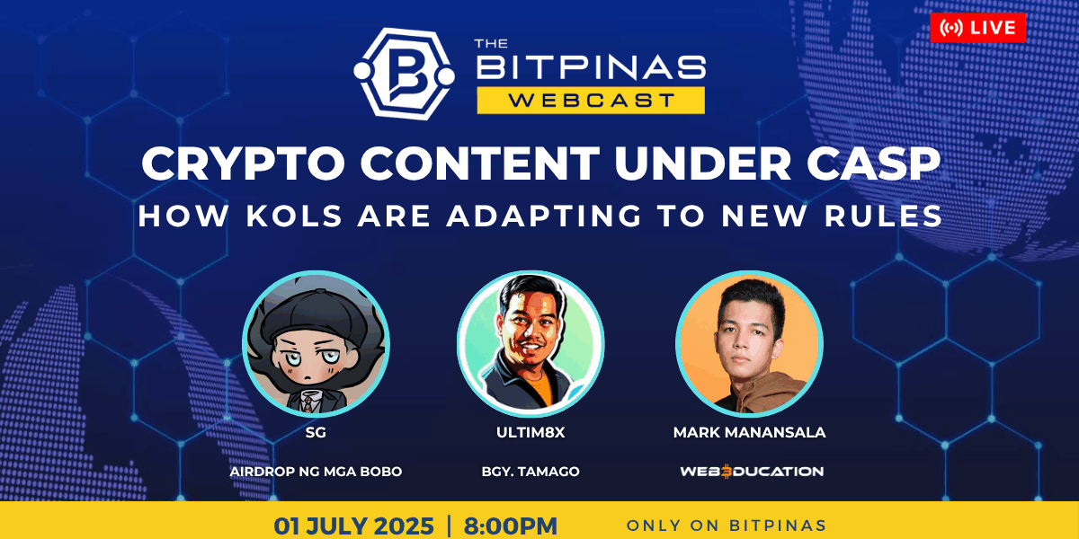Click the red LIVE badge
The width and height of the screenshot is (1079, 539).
pyautogui.click(x=978, y=28)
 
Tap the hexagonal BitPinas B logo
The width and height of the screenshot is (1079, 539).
pyautogui.click(x=404, y=74)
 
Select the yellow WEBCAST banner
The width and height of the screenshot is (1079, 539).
pyautogui.click(x=591, y=100)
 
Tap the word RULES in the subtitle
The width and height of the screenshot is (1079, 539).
pyautogui.click(x=883, y=216)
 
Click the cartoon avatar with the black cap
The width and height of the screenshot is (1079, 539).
pyautogui.click(x=316, y=343)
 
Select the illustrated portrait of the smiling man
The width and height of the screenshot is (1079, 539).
pyautogui.click(x=531, y=343)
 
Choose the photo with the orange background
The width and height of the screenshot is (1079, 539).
pyautogui.click(x=750, y=343)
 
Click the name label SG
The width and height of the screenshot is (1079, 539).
pyautogui.click(x=316, y=432)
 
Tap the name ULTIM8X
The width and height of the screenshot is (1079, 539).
pyautogui.click(x=531, y=432)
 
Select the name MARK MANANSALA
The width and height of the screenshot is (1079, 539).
pyautogui.click(x=750, y=432)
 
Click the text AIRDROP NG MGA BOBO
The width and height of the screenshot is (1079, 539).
pyautogui.click(x=316, y=471)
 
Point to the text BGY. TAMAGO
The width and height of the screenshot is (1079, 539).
pyautogui.click(x=531, y=471)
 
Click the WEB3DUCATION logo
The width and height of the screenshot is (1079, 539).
pyautogui.click(x=752, y=471)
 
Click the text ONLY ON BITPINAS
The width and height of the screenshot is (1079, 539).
pyautogui.click(x=727, y=526)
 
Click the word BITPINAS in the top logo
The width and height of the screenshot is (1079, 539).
pyautogui.click(x=591, y=66)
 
